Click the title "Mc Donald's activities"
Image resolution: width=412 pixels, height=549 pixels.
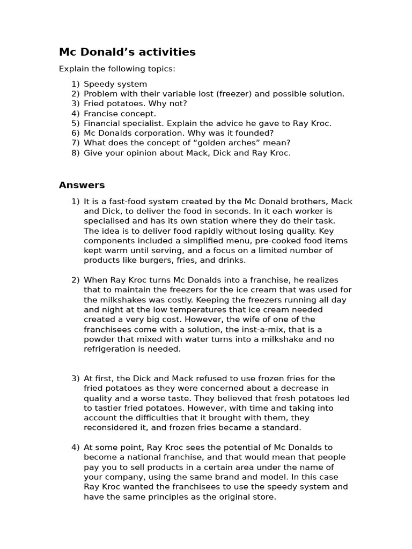pyautogui.click(x=127, y=52)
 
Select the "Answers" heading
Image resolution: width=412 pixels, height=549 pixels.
pyautogui.click(x=82, y=185)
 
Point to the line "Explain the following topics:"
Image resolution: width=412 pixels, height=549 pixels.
pyautogui.click(x=116, y=69)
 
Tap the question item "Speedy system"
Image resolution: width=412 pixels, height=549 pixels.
pyautogui.click(x=115, y=84)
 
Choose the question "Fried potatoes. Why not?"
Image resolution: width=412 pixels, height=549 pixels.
pyautogui.click(x=135, y=103)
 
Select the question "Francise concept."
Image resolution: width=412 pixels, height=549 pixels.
pyautogui.click(x=120, y=114)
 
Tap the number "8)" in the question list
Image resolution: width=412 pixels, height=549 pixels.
pyautogui.click(x=75, y=153)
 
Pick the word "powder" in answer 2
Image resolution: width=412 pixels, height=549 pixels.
pyautogui.click(x=100, y=339)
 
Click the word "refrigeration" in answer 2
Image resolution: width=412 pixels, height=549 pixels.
pyautogui.click(x=110, y=349)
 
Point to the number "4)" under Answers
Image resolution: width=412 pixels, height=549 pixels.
pyautogui.click(x=75, y=448)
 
